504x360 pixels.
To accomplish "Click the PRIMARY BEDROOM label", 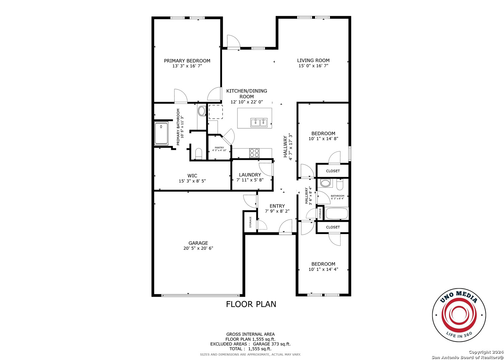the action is (187, 61).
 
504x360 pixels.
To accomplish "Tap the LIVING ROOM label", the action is (313, 60).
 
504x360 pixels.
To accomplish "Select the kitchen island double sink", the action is (259, 123).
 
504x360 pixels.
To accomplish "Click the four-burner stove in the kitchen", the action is (254, 153).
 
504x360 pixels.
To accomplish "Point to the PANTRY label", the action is (219, 148).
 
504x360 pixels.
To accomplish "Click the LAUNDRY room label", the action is (250, 175).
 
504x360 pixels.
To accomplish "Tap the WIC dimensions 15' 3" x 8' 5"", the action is (192, 181).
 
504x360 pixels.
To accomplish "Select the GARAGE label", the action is (198, 243).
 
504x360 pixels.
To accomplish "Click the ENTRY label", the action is (277, 206).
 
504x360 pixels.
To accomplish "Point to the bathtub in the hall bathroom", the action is (337, 213).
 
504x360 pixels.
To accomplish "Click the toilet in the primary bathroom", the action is (199, 153).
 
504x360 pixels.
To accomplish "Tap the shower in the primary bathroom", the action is (161, 133).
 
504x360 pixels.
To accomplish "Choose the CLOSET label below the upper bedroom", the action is (333, 171).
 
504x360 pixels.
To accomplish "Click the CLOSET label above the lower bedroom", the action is (333, 227).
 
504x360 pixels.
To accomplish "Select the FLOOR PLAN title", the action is (251, 304).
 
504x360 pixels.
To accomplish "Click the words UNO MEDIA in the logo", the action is (459, 297).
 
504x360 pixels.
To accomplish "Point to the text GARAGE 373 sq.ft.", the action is (272, 344).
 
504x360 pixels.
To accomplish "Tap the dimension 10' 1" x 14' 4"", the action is (323, 269).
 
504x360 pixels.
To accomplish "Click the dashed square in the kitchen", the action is (216, 112).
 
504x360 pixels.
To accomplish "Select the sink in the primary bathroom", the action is (202, 111).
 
